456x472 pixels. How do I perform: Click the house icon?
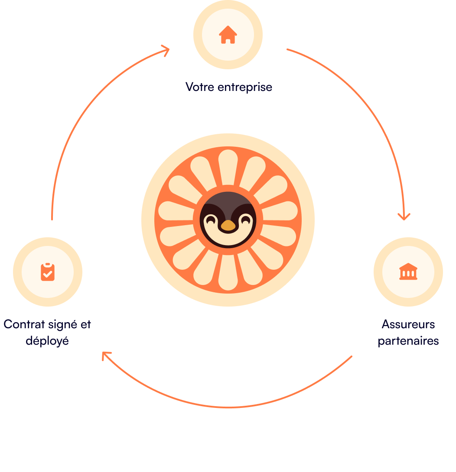click(228, 35)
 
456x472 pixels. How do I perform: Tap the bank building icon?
click(408, 272)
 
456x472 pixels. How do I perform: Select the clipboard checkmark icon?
click(48, 272)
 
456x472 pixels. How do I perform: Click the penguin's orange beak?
click(228, 226)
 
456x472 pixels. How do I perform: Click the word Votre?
click(200, 87)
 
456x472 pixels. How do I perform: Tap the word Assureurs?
click(408, 324)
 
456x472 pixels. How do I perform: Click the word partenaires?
click(408, 341)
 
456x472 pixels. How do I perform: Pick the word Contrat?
click(24, 324)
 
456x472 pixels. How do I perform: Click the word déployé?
click(47, 341)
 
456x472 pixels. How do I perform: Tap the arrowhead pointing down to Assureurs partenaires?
click(404, 216)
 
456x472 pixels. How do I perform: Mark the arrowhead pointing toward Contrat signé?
click(106, 356)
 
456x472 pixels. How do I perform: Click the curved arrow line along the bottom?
click(228, 407)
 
